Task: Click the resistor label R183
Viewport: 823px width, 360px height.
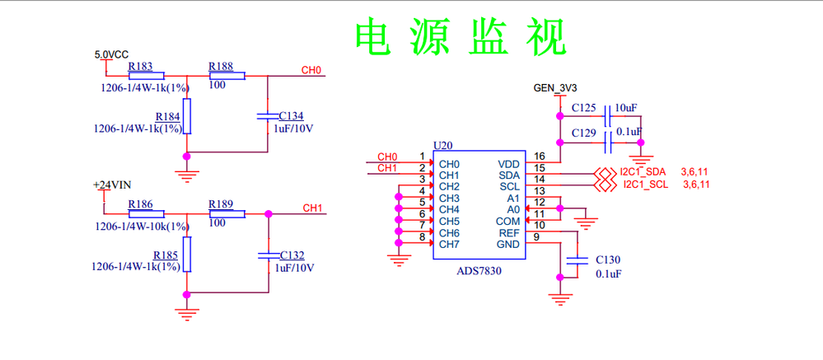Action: click(140, 66)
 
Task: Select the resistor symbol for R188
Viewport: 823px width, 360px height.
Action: click(227, 77)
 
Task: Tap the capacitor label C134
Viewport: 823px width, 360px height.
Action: click(292, 116)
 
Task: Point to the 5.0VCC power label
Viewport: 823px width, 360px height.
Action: click(112, 54)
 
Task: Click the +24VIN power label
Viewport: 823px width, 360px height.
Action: click(111, 185)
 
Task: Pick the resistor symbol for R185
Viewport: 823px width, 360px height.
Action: click(188, 254)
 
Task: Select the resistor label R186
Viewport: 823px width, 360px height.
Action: click(141, 203)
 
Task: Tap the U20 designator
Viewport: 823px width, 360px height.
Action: click(443, 145)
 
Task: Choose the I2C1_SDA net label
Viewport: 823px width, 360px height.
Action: click(643, 171)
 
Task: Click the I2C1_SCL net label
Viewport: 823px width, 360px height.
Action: click(644, 185)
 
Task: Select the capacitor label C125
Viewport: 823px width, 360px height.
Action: click(583, 108)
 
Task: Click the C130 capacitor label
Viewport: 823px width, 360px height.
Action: click(607, 259)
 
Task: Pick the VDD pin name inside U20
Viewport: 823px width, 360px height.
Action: click(509, 164)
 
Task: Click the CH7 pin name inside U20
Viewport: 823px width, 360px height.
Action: click(449, 244)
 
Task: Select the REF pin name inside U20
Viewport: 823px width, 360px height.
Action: click(509, 233)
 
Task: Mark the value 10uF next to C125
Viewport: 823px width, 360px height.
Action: click(626, 108)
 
